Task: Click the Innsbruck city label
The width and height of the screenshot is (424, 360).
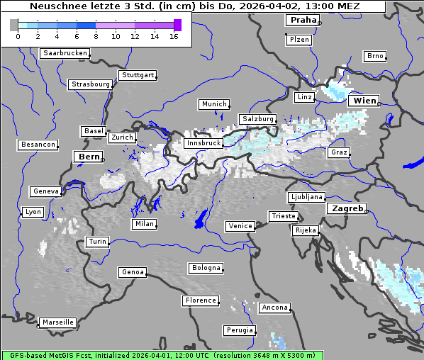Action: click(x=203, y=143)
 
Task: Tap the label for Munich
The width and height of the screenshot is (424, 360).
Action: click(x=213, y=104)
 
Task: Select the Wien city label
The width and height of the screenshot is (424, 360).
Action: click(x=365, y=101)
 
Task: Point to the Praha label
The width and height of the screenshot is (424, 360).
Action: click(x=303, y=20)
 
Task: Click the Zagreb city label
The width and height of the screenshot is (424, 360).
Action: click(x=346, y=208)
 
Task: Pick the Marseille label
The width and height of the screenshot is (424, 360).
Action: click(x=57, y=322)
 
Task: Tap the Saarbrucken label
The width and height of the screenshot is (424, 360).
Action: click(x=65, y=53)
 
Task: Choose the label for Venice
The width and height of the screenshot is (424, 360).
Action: click(x=240, y=226)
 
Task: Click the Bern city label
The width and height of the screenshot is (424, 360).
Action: click(x=89, y=157)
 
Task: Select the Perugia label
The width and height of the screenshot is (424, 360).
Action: click(x=239, y=330)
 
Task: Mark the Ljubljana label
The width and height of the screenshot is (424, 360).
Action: click(x=306, y=197)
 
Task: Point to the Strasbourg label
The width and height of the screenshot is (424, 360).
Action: click(x=91, y=84)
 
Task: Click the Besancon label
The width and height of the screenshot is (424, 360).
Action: click(x=38, y=145)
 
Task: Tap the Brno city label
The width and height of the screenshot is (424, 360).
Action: click(x=375, y=56)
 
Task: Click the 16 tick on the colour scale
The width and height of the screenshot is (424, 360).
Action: click(x=174, y=37)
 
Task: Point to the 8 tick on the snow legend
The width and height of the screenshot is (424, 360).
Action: click(x=96, y=37)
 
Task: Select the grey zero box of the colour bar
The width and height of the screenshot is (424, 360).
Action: click(x=14, y=26)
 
